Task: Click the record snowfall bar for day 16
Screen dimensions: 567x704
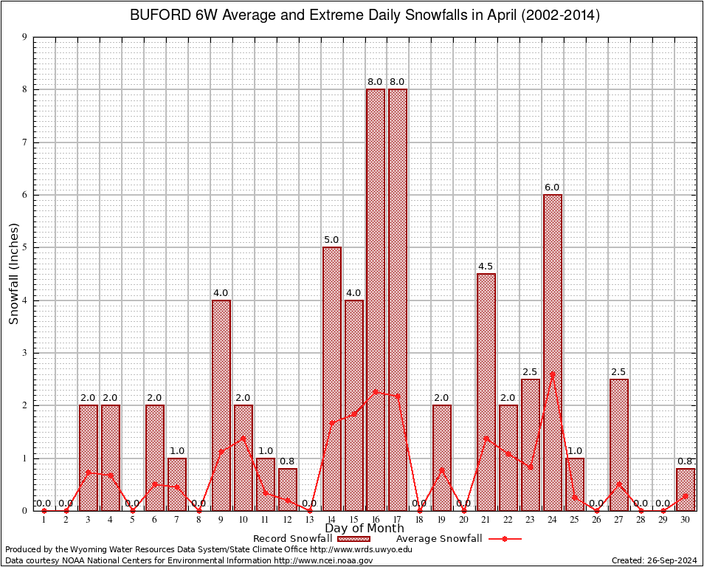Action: tap(376, 299)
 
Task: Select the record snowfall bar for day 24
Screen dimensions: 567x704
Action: tap(553, 352)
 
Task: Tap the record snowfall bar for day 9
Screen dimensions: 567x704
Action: tap(221, 405)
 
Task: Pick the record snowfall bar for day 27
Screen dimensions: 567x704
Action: tap(619, 444)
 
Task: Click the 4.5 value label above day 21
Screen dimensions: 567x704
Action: tap(486, 267)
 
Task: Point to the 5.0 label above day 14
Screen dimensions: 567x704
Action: tap(331, 240)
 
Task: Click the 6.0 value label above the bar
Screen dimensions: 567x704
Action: tap(553, 188)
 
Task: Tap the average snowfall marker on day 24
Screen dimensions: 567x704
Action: tap(553, 374)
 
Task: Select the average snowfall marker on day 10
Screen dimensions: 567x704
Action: tap(243, 437)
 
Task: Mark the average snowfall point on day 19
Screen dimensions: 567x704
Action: tap(442, 470)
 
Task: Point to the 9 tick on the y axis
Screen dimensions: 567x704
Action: tap(24, 37)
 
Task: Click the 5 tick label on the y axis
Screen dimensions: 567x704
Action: tap(24, 247)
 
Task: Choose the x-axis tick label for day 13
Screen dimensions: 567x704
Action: tap(309, 519)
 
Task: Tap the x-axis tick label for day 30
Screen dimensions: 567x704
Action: tap(686, 519)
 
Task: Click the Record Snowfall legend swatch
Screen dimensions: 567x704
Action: tap(359, 538)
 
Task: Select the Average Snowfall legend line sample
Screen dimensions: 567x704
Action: tap(504, 538)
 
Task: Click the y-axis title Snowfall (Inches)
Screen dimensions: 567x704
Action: tap(13, 274)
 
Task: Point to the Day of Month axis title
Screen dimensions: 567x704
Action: tap(365, 529)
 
